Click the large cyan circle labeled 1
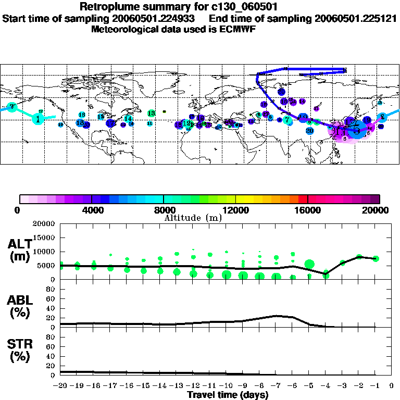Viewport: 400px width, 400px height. [38, 119]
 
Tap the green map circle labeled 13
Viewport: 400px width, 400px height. [151, 113]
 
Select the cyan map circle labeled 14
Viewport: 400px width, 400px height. [128, 119]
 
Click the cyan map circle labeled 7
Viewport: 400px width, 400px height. [287, 120]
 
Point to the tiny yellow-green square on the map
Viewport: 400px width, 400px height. [164, 111]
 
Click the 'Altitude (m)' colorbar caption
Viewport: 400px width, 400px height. [193, 218]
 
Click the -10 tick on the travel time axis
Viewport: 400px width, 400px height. [226, 386]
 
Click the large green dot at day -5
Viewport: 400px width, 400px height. [309, 265]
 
